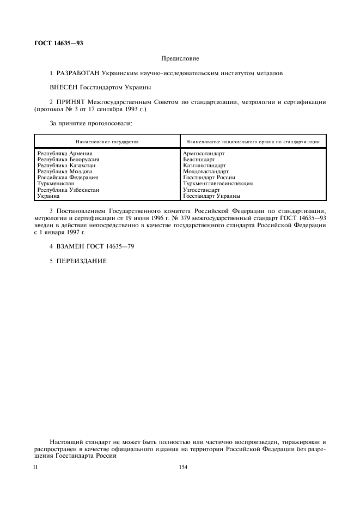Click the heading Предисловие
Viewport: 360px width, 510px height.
coord(180,58)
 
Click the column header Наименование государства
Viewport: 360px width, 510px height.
coord(107,142)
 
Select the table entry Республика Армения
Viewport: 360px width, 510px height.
coord(65,154)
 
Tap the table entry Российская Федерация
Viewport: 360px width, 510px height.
coord(68,177)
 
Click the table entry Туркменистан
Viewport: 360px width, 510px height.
coord(56,183)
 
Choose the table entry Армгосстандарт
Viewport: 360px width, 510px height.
coord(204,154)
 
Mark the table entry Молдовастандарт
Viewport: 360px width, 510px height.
coord(206,171)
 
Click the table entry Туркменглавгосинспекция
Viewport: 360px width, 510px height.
coord(218,183)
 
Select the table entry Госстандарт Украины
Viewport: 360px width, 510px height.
coord(211,195)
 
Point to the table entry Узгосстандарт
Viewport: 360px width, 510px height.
coord(202,189)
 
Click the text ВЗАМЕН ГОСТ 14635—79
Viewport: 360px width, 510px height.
coord(91,246)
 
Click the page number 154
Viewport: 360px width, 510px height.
coord(183,467)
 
